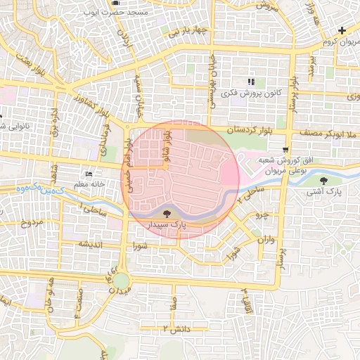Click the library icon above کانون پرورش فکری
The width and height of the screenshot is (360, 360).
point(250,83)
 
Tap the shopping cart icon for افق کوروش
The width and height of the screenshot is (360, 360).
point(285,150)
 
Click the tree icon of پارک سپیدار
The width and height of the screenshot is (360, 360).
point(167,213)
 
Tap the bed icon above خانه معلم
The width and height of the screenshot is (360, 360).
point(88,174)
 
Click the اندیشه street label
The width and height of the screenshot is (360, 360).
point(93,243)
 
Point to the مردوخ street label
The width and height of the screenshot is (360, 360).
point(32,224)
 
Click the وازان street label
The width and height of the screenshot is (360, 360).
point(264,240)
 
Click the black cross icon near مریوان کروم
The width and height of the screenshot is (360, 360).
point(342,30)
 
